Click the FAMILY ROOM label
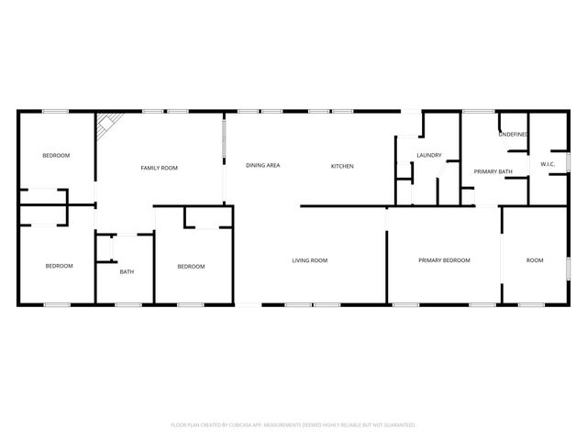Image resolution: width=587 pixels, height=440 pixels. tap(159, 168)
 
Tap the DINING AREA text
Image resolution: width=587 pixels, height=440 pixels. tap(262, 166)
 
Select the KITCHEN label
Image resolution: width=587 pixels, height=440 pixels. tap(342, 166)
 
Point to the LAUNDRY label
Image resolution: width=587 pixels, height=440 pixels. tap(429, 156)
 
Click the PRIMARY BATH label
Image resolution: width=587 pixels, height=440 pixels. tap(492, 171)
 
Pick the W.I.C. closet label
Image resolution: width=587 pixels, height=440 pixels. tap(548, 165)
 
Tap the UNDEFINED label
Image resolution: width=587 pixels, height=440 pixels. tap(513, 135)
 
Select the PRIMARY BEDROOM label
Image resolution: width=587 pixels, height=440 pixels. tap(444, 260)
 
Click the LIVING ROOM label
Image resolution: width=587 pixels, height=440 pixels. tap(310, 260)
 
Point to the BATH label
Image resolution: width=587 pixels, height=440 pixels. tap(128, 271)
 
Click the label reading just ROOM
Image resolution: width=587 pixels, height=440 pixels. tap(534, 260)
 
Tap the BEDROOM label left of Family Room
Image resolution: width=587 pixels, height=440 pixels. tap(56, 156)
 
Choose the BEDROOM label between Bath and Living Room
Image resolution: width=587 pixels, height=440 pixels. tap(191, 267)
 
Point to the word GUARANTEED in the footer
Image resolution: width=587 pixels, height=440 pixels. tap(399, 425)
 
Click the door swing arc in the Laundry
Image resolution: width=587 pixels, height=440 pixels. tap(443, 170)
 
